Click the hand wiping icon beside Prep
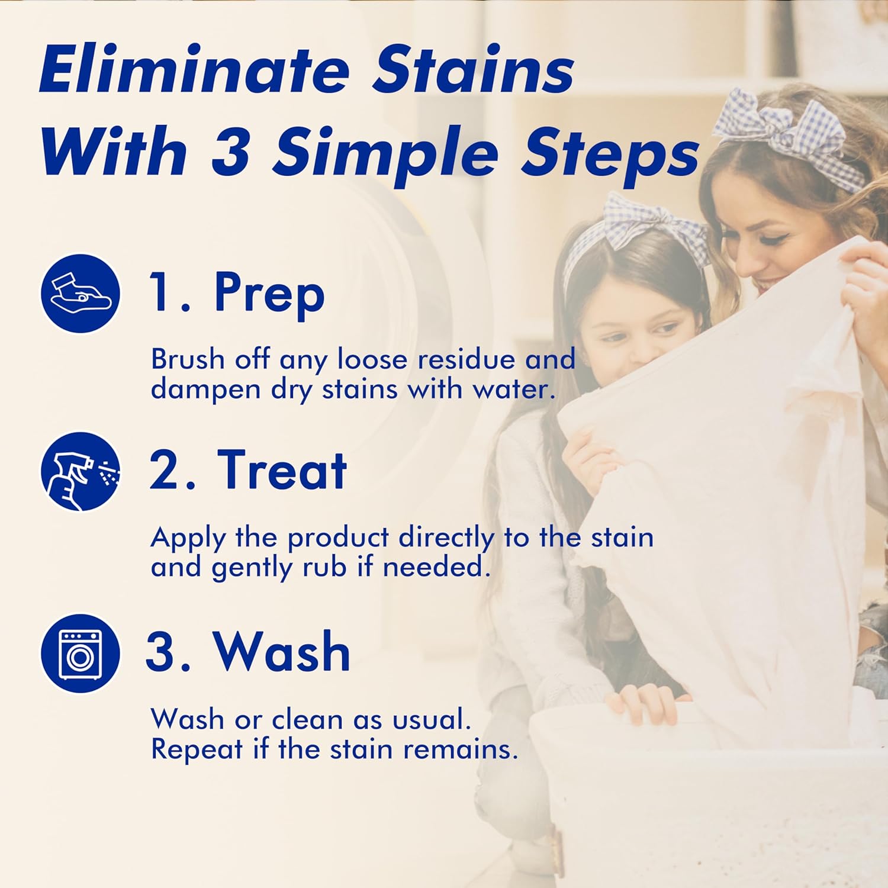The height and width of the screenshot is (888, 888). [81, 293]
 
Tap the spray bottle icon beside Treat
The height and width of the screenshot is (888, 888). [81, 471]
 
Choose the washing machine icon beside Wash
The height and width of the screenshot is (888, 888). [81, 653]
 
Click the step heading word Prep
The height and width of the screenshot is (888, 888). [269, 293]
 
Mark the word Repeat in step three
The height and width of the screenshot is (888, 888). [197, 749]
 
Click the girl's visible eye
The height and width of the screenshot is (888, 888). [664, 329]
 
